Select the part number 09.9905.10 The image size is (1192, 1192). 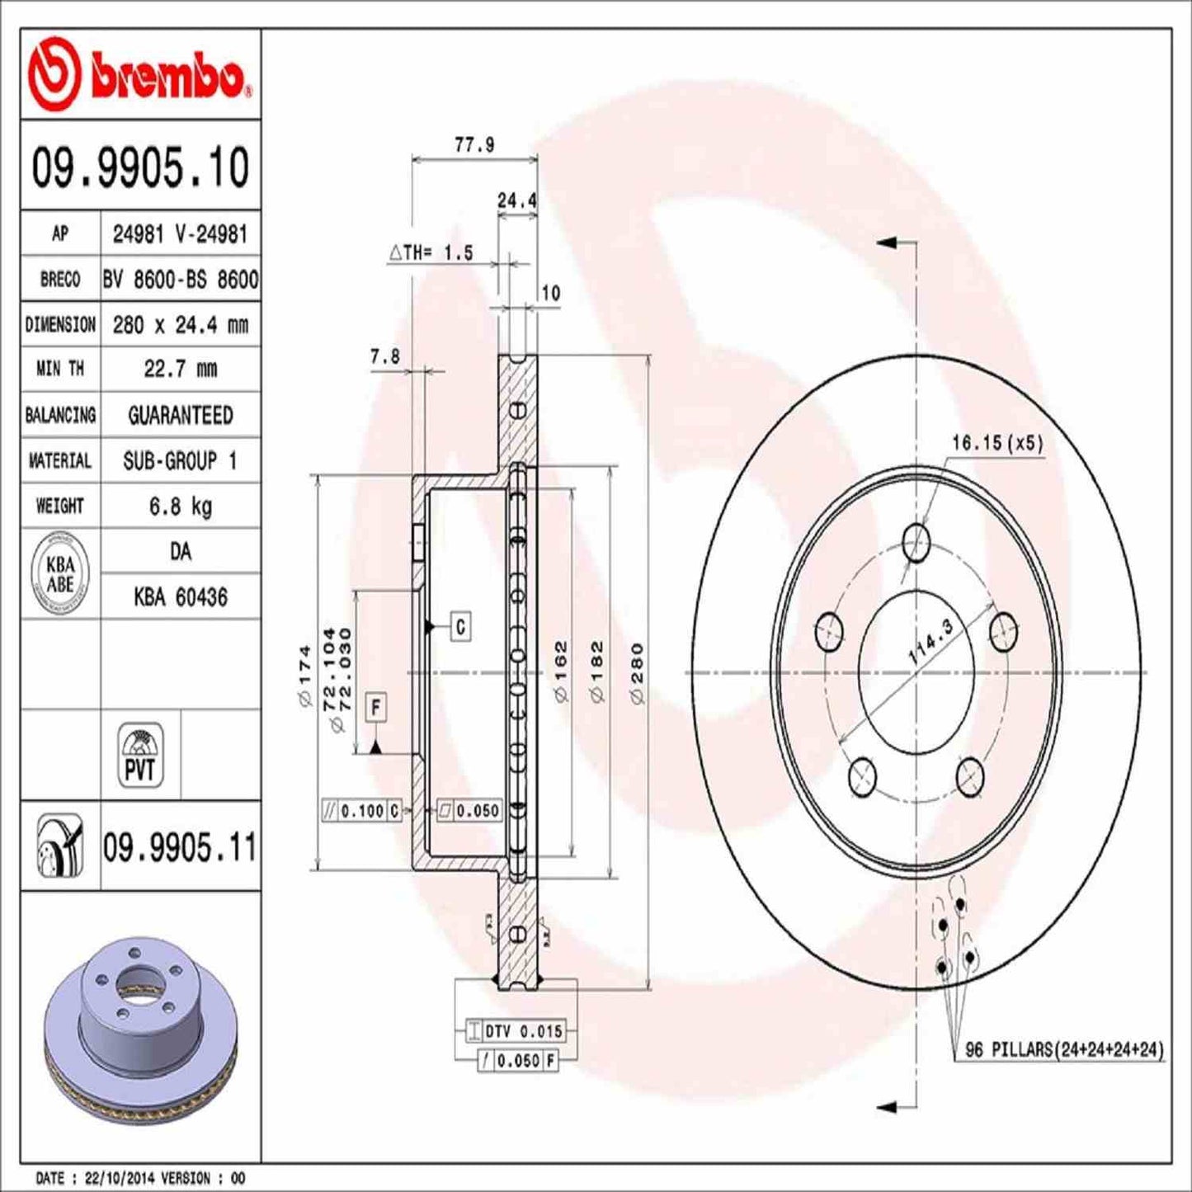click(140, 167)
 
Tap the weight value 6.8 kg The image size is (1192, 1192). click(180, 506)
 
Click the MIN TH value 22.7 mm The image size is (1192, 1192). click(180, 369)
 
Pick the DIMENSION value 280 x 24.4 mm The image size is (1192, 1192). click(180, 324)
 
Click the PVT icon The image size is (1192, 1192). click(140, 755)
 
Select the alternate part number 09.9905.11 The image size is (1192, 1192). click(180, 847)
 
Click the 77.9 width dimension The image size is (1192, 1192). click(474, 145)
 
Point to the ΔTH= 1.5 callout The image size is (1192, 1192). click(431, 253)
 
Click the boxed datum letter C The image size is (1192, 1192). click(460, 627)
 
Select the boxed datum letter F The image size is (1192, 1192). click(375, 708)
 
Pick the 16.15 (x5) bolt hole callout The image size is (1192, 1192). click(996, 443)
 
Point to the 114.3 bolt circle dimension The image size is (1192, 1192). click(930, 642)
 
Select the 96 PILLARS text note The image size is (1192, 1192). click(1063, 1049)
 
